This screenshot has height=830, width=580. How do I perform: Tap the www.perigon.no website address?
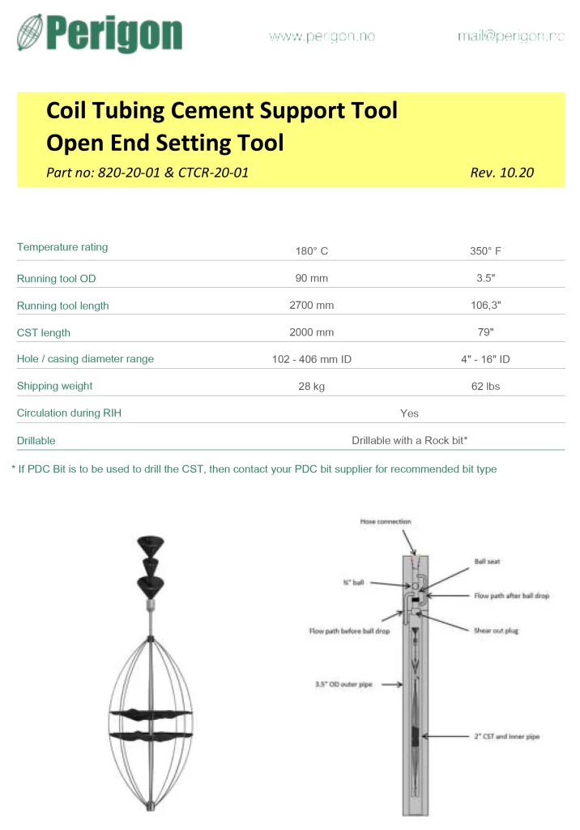tap(322, 36)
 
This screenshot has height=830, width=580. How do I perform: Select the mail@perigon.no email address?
tap(510, 36)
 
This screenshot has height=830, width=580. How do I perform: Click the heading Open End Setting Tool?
tap(165, 143)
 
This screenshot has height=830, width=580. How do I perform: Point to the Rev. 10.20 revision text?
tap(501, 173)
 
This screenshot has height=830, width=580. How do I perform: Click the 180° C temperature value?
tap(312, 251)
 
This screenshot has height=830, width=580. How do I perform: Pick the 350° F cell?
tap(485, 251)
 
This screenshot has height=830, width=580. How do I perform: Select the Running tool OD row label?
tap(56, 279)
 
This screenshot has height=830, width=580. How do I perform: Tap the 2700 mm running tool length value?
tap(312, 306)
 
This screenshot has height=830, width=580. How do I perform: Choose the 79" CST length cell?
tap(485, 332)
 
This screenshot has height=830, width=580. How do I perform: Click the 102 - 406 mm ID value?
tap(312, 359)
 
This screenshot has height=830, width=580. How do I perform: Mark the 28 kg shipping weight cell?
tap(312, 387)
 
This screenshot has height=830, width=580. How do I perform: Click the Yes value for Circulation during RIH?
tap(409, 413)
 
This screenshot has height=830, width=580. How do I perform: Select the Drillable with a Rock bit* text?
tap(410, 440)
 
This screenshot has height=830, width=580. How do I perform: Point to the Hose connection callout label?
tap(386, 521)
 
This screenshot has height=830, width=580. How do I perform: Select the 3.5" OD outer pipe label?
tap(343, 684)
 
